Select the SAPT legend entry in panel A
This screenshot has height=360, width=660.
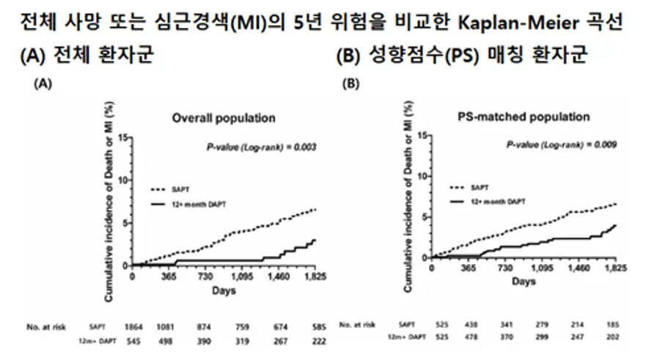tap(180, 188)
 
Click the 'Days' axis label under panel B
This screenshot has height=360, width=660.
tap(523, 281)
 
